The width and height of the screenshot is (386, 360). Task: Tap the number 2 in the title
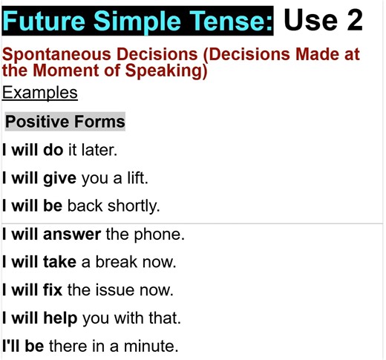coord(349,20)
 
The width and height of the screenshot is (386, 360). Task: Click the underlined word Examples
coord(39,93)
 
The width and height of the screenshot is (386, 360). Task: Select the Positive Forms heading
coord(65,122)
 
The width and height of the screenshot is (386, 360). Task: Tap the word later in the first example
coord(100,150)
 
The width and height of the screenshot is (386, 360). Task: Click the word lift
coord(134,178)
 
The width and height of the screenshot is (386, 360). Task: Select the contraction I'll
coord(11,347)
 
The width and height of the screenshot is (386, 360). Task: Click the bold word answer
coord(71,235)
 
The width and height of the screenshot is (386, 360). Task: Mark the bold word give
coord(60,178)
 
